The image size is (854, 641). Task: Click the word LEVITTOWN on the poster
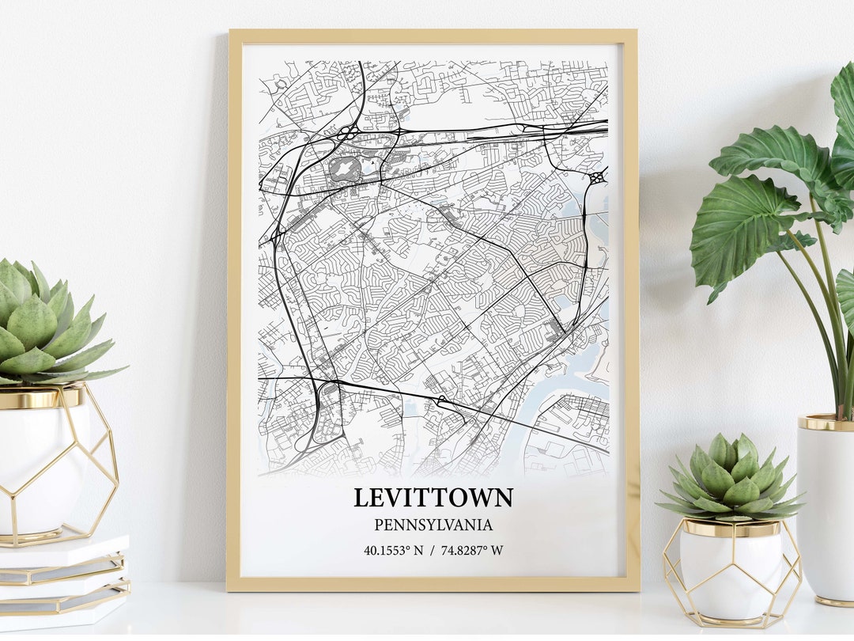[433, 498]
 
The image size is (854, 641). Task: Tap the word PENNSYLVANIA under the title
[433, 525]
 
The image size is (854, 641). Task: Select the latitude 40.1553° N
[393, 551]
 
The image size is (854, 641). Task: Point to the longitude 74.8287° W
[472, 551]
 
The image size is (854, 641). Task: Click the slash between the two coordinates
[433, 551]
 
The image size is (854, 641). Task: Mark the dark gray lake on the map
[344, 168]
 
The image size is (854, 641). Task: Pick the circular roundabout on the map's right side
[597, 177]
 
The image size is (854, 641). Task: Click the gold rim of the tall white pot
[825, 423]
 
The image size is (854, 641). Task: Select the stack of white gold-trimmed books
[63, 582]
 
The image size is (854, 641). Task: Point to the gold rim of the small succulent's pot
[731, 528]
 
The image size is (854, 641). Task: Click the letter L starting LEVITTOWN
[361, 498]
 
